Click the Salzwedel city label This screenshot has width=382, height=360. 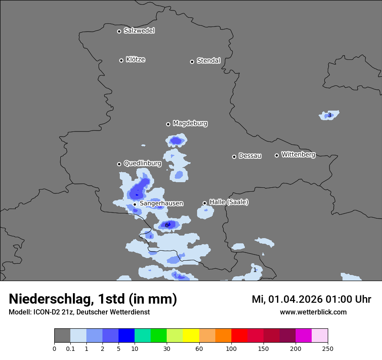click(139, 31)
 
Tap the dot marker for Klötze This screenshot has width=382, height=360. click(121, 60)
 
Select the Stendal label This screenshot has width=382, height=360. click(208, 61)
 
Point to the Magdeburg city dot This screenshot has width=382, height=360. click(168, 124)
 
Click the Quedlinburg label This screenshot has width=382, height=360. click(142, 164)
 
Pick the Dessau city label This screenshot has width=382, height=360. click(250, 156)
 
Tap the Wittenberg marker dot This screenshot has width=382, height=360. click(277, 155)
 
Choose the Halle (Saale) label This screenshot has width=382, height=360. click(229, 202)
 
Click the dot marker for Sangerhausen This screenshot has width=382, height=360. click(135, 204)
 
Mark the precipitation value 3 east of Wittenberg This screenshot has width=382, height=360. click(329, 115)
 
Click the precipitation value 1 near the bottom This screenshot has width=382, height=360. click(255, 270)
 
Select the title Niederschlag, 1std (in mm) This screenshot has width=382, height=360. click(93, 299)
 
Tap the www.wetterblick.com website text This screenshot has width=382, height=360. click(313, 312)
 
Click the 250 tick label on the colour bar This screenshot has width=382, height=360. click(328, 348)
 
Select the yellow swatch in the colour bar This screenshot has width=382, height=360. click(191, 336)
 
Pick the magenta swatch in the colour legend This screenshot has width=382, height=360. click(303, 336)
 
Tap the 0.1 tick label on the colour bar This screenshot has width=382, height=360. click(70, 348)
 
